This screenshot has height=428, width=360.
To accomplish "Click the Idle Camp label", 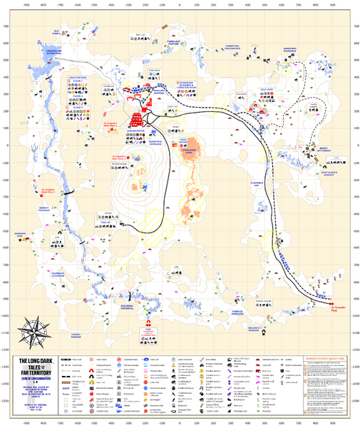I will [265, 90].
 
